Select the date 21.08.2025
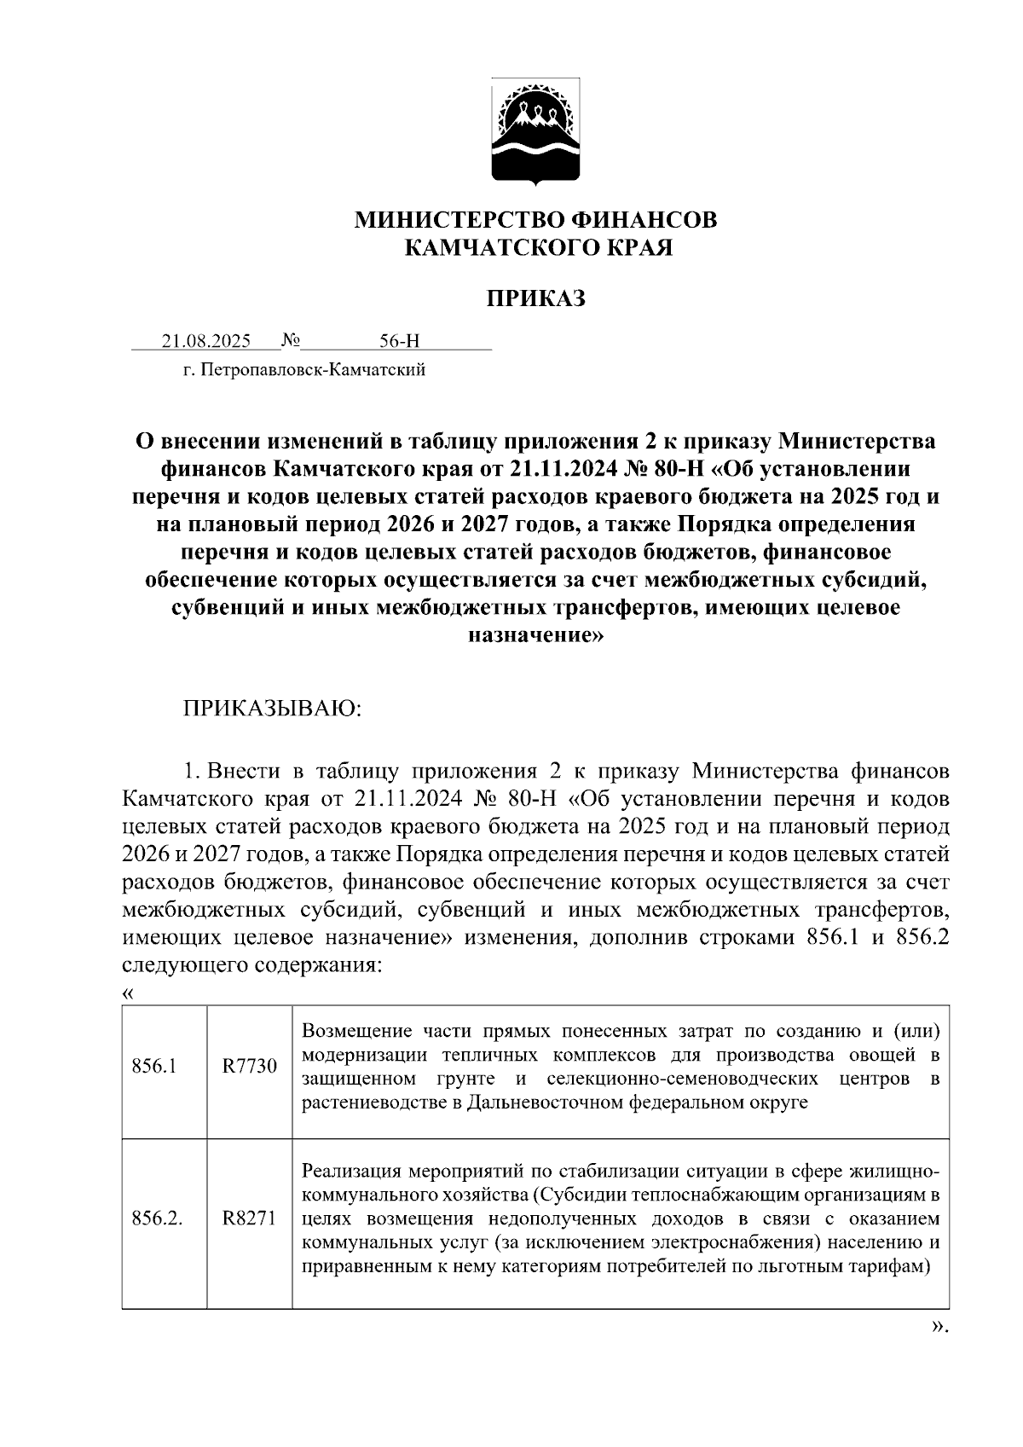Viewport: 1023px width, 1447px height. coord(206,341)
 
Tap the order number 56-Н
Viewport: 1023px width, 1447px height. coord(400,341)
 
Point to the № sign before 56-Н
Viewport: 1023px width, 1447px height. coord(290,341)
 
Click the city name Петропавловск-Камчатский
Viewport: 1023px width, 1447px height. coord(313,370)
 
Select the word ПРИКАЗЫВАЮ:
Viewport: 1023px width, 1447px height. coord(272,709)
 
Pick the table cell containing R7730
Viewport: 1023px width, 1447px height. coord(250,1066)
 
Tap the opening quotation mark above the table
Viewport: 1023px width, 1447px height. coord(128,993)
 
